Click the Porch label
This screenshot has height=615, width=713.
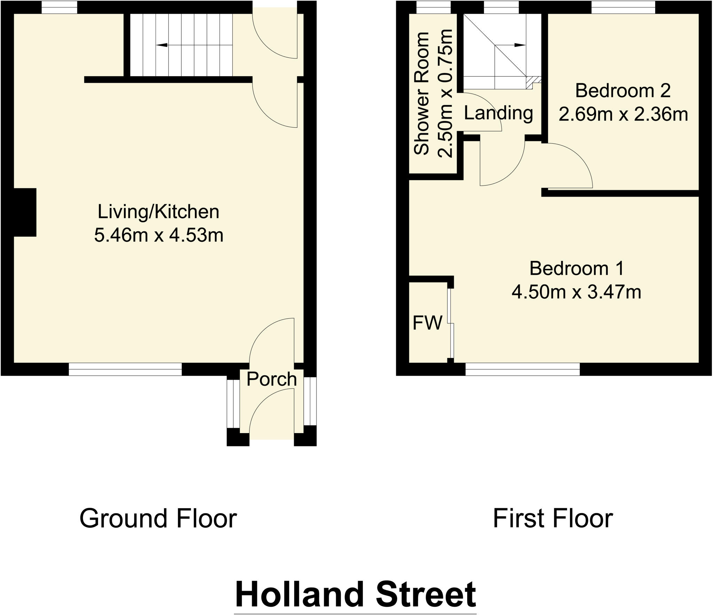[x=271, y=379]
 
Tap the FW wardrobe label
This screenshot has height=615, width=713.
[x=427, y=323]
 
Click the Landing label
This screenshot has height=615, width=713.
[x=498, y=113]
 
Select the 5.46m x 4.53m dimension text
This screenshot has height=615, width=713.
[x=158, y=235]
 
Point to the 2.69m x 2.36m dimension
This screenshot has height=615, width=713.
[x=623, y=114]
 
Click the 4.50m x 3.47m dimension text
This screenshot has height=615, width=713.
[x=576, y=292]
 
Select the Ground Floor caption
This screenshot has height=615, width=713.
[x=158, y=519]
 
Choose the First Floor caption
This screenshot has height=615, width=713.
[x=553, y=519]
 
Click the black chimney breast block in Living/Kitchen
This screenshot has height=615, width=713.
[x=24, y=212]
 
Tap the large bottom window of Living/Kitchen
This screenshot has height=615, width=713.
[x=125, y=369]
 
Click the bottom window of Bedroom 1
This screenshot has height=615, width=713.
[x=522, y=369]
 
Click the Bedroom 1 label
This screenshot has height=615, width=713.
[x=577, y=269]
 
